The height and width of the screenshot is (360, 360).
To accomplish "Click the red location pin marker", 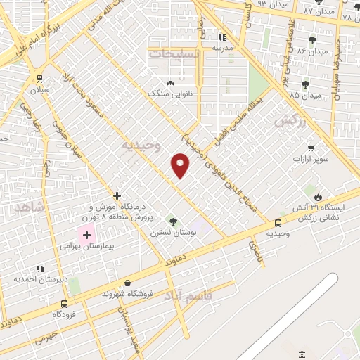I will click(x=181, y=166).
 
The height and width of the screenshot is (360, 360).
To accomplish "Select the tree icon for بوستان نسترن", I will click(x=173, y=221).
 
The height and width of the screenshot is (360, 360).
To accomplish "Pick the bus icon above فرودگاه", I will click(x=65, y=304).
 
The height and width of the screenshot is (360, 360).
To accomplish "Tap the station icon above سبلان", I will click(x=39, y=78).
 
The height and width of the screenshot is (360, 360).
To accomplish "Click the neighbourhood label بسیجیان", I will click(x=174, y=53).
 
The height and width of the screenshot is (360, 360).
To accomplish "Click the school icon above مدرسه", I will click(x=223, y=37).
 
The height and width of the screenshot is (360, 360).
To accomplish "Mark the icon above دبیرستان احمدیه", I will click(x=40, y=268).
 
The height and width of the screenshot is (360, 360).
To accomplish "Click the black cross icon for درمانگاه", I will click(x=117, y=195).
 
